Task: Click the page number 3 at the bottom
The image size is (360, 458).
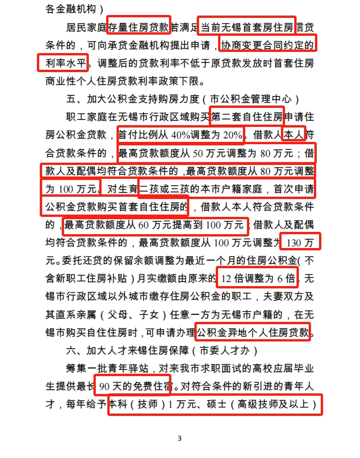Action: pos(179,438)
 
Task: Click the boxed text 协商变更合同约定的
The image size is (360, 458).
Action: pos(268,43)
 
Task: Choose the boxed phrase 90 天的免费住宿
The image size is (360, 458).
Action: pos(133,387)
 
